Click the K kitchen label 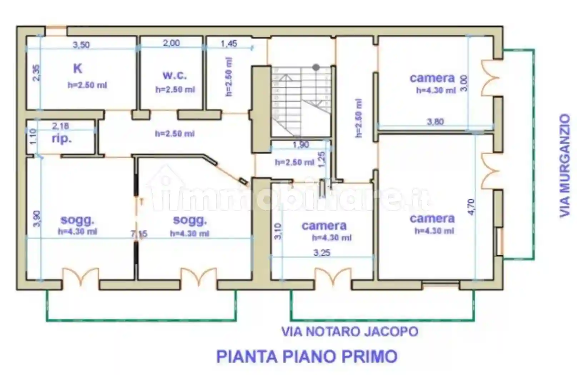[x=78, y=68]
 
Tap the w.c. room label [x=174, y=75]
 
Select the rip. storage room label [x=61, y=139]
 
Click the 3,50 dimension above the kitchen [x=81, y=45]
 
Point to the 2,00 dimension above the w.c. [x=171, y=43]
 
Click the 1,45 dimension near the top [x=229, y=44]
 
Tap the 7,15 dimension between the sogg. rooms [x=139, y=234]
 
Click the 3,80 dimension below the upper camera [x=435, y=122]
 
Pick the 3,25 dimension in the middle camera [x=322, y=253]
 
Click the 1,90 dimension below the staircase [x=300, y=145]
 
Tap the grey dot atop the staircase [x=316, y=67]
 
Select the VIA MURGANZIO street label [x=564, y=165]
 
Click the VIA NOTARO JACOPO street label [x=349, y=331]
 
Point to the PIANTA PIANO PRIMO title [x=307, y=356]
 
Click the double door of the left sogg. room [x=81, y=277]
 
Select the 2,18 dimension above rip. [x=60, y=126]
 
